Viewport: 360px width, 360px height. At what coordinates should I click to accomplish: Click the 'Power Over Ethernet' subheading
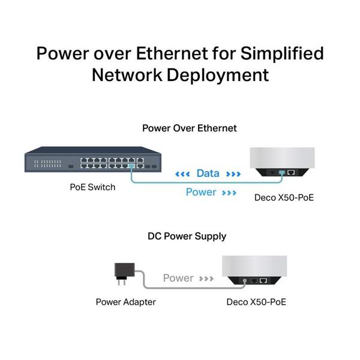click(189, 128)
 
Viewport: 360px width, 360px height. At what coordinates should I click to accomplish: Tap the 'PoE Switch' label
click(92, 187)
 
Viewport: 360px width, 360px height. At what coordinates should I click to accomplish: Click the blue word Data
click(208, 173)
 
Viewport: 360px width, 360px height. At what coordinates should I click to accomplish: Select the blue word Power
click(200, 192)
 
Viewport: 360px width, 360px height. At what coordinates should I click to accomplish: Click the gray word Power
click(178, 278)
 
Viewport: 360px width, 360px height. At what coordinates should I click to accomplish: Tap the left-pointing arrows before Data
click(182, 174)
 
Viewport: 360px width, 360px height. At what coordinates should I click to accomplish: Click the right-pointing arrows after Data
click(233, 174)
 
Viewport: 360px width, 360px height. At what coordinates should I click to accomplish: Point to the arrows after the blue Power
click(229, 193)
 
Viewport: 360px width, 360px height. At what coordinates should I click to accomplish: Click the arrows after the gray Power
click(207, 278)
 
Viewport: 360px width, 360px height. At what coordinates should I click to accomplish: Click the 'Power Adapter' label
click(125, 302)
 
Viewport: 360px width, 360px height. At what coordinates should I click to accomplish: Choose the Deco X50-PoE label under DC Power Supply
click(256, 302)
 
